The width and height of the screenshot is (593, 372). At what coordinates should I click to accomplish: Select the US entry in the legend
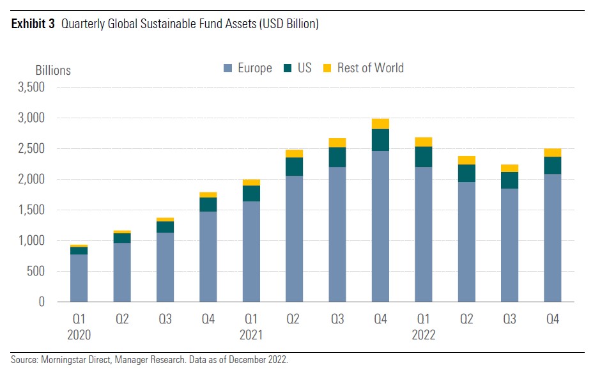[x=304, y=68]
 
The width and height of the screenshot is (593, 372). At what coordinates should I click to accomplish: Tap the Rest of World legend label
[x=370, y=68]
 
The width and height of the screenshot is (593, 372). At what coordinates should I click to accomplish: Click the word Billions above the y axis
[x=52, y=70]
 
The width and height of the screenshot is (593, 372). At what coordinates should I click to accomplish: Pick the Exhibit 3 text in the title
[x=32, y=25]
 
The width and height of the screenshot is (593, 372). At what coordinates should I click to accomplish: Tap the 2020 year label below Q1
[x=79, y=334]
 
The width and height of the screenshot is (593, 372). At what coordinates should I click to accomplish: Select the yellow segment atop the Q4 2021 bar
[x=380, y=124]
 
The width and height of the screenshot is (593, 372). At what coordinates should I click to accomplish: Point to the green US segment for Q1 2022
[x=424, y=157]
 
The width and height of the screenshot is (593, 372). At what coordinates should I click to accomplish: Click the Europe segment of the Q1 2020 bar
[x=79, y=278]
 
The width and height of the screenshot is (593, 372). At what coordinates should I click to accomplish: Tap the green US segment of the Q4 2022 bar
[x=553, y=166]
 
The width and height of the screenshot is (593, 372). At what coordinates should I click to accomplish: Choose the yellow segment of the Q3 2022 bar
[x=509, y=168]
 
